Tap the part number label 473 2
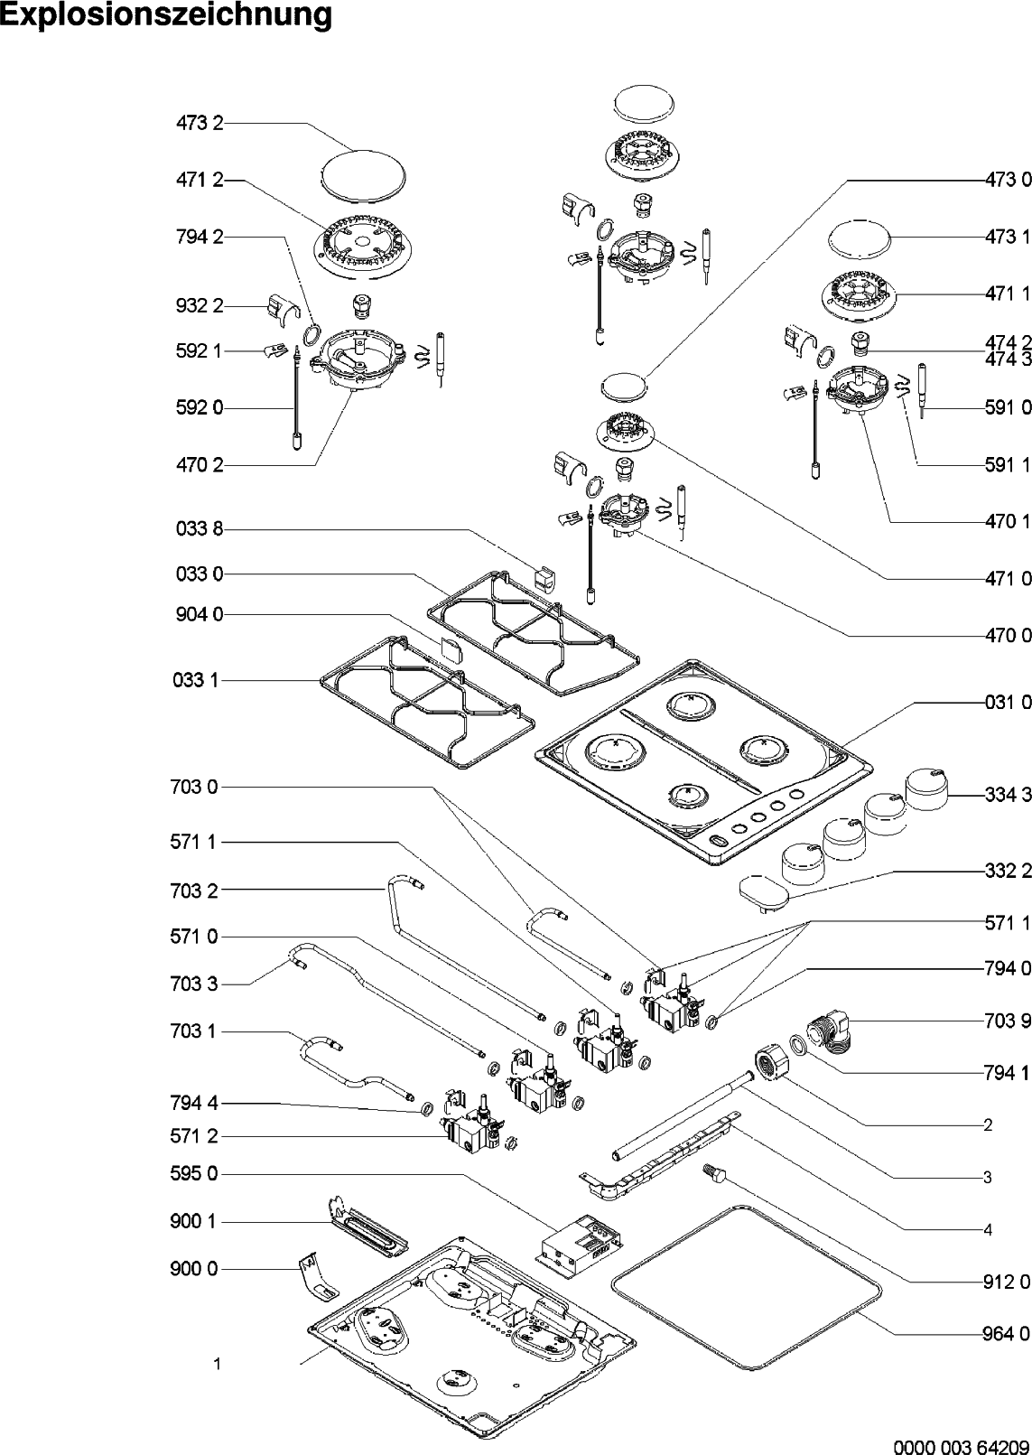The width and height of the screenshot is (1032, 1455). [x=200, y=123]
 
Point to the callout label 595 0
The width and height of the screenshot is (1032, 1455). [x=194, y=1174]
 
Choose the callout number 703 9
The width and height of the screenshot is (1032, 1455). [x=1008, y=1021]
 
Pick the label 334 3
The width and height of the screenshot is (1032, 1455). [x=1008, y=795]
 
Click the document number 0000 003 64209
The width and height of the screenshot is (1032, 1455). [x=962, y=1447]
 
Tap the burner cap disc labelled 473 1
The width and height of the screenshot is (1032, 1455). [x=859, y=239]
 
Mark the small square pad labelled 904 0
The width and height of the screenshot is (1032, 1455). [x=449, y=648]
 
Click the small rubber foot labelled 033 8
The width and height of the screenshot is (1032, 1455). [x=544, y=580]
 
